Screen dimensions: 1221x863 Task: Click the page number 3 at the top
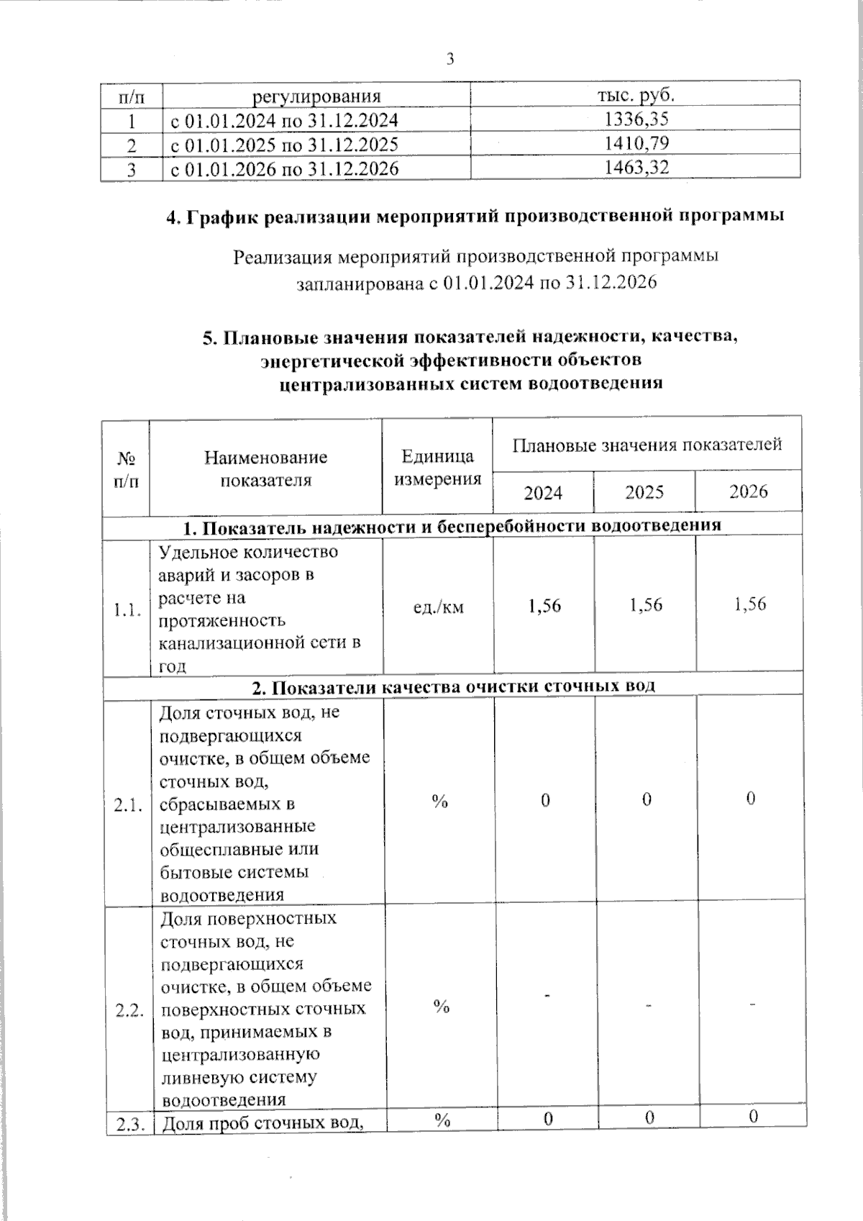click(450, 59)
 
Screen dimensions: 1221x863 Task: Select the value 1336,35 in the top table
click(636, 119)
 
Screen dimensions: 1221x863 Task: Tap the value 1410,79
click(636, 143)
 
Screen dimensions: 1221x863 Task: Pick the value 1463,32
click(636, 168)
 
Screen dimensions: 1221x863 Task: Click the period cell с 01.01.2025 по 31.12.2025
click(284, 145)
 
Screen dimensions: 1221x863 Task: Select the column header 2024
click(543, 493)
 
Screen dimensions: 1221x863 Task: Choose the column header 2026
click(749, 491)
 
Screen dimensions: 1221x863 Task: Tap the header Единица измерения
click(438, 468)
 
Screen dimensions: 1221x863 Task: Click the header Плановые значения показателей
click(647, 445)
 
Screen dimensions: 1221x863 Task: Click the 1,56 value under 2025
click(645, 605)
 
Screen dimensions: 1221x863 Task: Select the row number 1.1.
click(127, 611)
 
